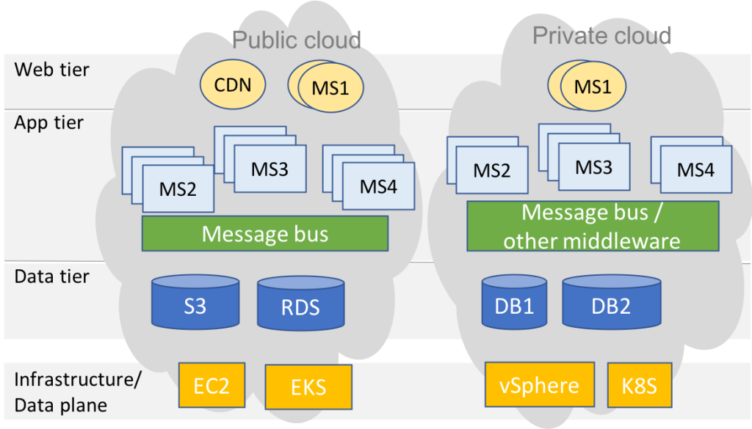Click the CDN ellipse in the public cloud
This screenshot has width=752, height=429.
tap(233, 85)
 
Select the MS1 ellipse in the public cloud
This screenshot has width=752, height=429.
tap(330, 88)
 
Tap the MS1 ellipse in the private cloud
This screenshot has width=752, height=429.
tap(593, 87)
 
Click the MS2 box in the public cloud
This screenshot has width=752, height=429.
tap(178, 189)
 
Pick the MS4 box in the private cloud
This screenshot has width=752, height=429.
tap(695, 170)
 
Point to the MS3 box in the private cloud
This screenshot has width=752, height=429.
tap(593, 167)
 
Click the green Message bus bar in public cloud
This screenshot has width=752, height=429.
tap(264, 234)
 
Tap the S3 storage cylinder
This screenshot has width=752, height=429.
tap(195, 302)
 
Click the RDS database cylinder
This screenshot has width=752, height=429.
tap(300, 305)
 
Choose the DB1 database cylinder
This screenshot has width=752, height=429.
tap(514, 303)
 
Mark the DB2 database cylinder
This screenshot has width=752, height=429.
tap(610, 303)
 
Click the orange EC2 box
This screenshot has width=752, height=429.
tap(211, 385)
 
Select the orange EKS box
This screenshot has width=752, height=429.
tap(308, 386)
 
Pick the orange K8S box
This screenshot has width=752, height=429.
tap(638, 385)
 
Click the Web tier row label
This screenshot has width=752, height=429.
tap(51, 70)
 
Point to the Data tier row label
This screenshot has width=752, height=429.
tap(51, 276)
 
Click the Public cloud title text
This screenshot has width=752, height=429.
tap(296, 40)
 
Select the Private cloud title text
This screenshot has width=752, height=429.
tap(601, 35)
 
